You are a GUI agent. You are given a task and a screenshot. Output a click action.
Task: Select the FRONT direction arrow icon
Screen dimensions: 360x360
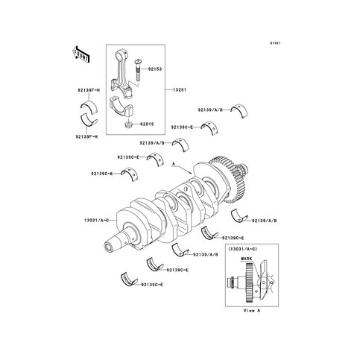click(x=80, y=54)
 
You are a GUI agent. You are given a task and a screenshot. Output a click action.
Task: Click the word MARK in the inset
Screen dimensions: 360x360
click(x=247, y=258)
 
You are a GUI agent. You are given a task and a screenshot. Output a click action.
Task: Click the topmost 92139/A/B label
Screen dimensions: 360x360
click(x=211, y=109)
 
